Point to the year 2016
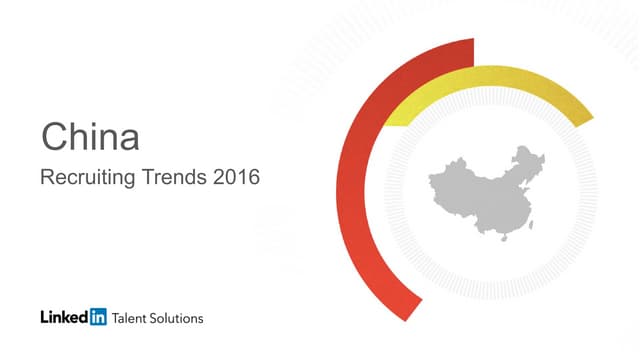tap(235, 179)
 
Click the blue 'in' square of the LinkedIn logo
tap(97, 318)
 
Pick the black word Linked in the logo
tap(64, 318)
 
